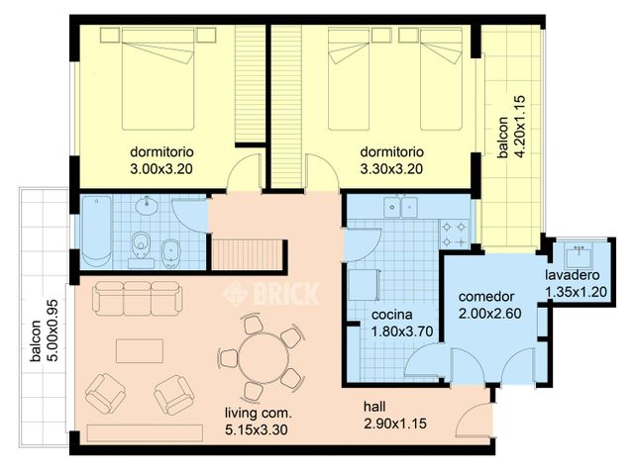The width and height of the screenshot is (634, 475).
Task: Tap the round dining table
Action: coord(258,357)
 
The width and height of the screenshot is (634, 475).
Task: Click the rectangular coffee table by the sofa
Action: coord(140,351)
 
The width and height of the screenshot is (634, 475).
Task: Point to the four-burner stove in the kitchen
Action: coord(455,235)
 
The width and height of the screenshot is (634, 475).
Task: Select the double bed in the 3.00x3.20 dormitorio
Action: coord(159,84)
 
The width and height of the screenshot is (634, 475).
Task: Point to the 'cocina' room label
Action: coord(392,316)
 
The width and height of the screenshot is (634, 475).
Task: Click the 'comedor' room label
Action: coord(485,297)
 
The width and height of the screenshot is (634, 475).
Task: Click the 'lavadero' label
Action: coord(575,274)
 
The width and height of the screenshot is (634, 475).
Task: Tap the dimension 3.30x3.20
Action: coord(392,169)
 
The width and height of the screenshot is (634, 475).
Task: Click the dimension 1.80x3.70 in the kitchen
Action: coord(392,332)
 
